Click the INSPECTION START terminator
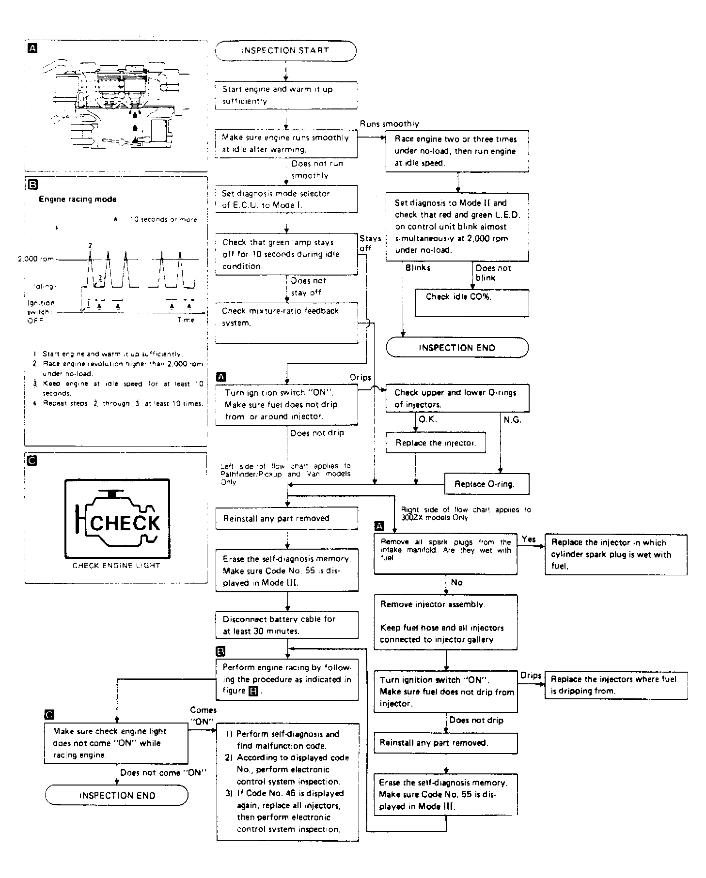click(x=285, y=51)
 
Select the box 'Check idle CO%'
click(x=471, y=302)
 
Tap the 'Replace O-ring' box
click(x=486, y=484)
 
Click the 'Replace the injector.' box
click(x=436, y=443)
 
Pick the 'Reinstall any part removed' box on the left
click(x=287, y=518)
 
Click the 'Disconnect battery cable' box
click(x=287, y=625)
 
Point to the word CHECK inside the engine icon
click(x=125, y=523)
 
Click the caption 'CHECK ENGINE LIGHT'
click(x=116, y=565)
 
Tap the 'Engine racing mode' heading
click(x=78, y=199)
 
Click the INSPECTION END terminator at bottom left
click(x=117, y=795)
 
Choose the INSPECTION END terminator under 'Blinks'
click(x=457, y=348)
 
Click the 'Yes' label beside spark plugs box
click(x=529, y=539)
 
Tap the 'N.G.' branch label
click(x=512, y=420)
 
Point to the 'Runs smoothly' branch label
click(x=389, y=124)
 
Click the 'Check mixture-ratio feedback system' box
click(x=286, y=323)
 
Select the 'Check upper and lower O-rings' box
click(x=457, y=398)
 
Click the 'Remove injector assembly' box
click(x=445, y=622)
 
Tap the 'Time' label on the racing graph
click(x=185, y=320)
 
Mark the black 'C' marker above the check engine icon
click(x=32, y=461)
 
